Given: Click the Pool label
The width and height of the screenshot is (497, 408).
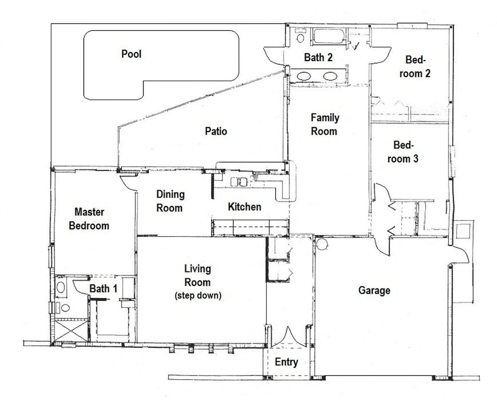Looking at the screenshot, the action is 131,54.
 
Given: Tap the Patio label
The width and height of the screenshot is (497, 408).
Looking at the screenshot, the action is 216,131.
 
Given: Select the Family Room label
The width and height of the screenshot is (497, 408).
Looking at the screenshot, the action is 325,125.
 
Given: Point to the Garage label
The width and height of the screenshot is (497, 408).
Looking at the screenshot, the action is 374,290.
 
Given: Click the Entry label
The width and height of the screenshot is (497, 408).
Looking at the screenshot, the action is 286,362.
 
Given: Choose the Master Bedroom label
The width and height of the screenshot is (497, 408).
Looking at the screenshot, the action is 89,219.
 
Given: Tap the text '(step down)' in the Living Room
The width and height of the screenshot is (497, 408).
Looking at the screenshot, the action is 198,296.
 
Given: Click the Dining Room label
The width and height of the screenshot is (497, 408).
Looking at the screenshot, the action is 170,201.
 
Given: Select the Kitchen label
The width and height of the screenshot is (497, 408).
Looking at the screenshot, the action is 245,206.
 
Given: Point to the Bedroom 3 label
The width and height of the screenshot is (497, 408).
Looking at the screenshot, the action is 403,151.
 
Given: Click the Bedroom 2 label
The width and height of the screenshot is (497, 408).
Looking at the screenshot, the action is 415,67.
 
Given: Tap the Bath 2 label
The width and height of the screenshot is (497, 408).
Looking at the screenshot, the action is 318,57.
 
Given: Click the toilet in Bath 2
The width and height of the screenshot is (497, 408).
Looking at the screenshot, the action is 300,36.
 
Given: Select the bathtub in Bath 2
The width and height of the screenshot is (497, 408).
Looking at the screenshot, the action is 329,36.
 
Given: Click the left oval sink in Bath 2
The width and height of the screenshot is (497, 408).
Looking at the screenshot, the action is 304,76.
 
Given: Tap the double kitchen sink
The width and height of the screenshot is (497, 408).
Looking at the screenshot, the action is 239,182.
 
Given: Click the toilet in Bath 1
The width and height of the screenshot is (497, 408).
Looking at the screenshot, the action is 64,307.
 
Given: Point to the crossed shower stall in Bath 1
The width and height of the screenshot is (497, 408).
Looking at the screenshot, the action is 71,332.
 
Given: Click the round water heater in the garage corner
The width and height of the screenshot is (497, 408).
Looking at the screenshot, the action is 322,244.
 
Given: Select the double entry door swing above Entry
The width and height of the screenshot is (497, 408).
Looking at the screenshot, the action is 288,337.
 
